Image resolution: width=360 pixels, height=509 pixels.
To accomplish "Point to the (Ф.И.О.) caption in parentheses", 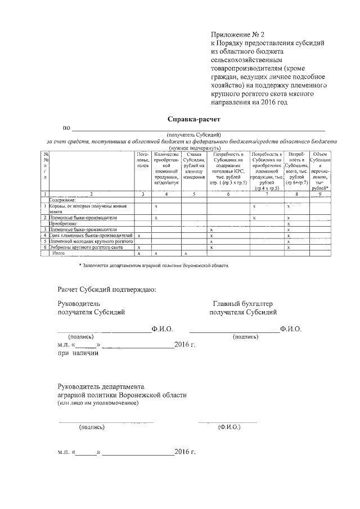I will coord(229,427).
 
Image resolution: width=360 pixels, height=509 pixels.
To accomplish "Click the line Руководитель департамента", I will coord(101,386).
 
